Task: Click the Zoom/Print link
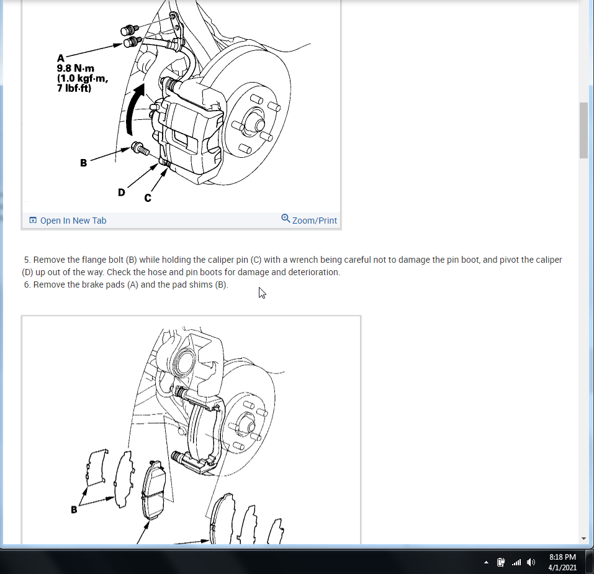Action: tap(315, 221)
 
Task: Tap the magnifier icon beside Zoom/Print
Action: tap(286, 219)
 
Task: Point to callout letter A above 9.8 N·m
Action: tap(61, 58)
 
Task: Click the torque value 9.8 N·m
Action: tap(75, 68)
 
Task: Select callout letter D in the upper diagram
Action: tap(121, 193)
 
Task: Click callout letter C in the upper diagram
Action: tap(148, 198)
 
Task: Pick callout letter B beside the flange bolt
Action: tap(84, 163)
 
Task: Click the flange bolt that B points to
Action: tap(140, 148)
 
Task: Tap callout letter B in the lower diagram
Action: tap(74, 510)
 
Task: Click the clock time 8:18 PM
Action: tap(562, 557)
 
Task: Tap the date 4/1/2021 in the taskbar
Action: tap(562, 568)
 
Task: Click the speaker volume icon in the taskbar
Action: tap(531, 562)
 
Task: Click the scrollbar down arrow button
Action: tap(583, 539)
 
